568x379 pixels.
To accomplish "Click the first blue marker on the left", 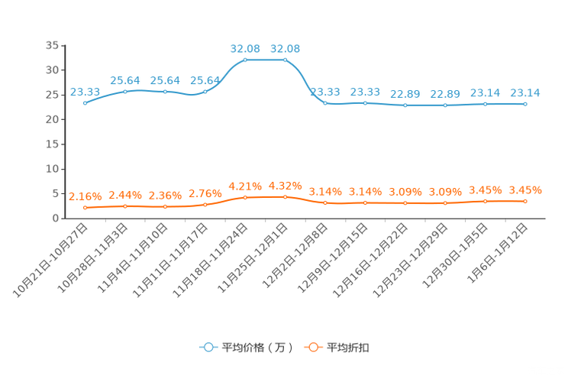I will [x=85, y=103].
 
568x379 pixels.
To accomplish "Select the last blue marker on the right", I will [x=525, y=105].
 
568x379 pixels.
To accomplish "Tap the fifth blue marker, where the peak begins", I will [x=245, y=59].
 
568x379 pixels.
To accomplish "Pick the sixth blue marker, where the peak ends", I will [x=286, y=59].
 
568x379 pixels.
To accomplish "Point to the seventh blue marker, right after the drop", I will [x=325, y=103].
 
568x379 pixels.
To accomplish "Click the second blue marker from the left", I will [x=125, y=91].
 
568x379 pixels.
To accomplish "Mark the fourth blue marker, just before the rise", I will [x=205, y=91].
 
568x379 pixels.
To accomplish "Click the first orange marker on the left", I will [x=85, y=208].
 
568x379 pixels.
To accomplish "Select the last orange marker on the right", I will [x=525, y=201].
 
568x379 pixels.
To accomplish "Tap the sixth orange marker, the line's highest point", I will [x=286, y=197].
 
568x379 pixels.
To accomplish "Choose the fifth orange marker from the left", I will [x=245, y=197].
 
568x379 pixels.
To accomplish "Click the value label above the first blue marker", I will [x=80, y=92].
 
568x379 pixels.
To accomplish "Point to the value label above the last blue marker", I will [x=525, y=92].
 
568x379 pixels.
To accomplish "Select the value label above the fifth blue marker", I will [x=245, y=48].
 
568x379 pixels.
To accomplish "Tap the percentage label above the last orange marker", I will [x=525, y=189].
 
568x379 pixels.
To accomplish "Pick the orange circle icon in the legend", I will [x=312, y=347].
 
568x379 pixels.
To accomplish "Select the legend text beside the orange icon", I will [x=347, y=348].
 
